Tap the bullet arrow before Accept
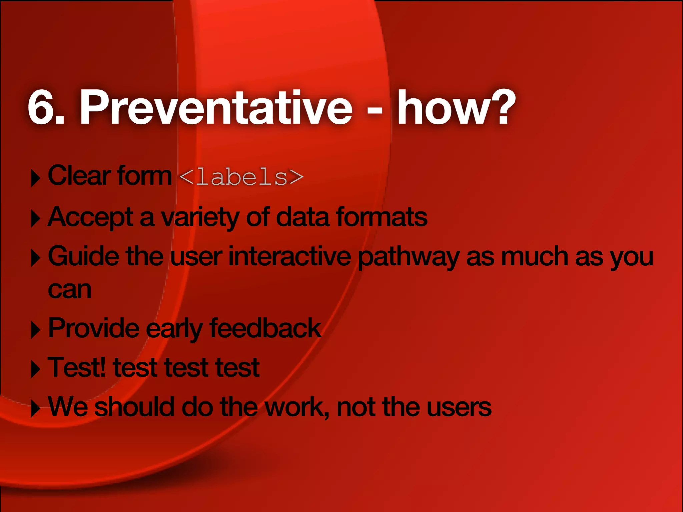coord(35,219)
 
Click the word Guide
coord(83,256)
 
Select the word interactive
coord(289,256)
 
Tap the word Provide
coord(94,328)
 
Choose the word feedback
coord(265,328)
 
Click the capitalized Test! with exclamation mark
coord(77,367)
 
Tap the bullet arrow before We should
coord(35,408)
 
